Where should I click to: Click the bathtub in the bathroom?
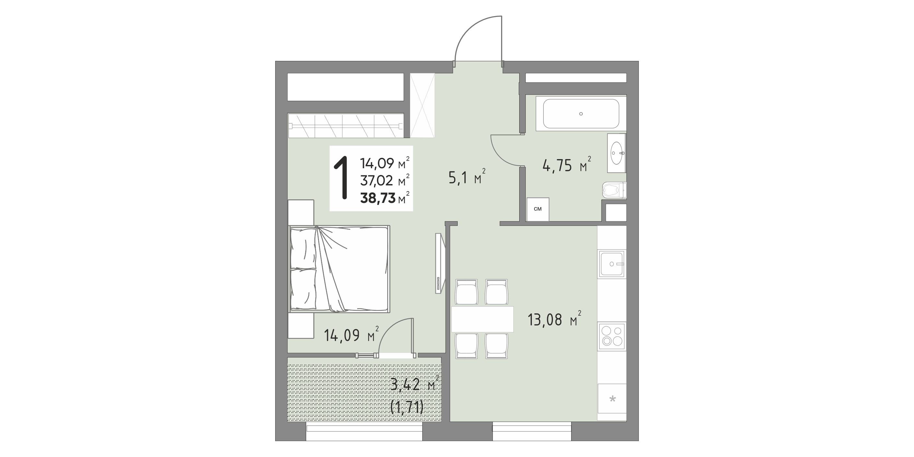[581, 113]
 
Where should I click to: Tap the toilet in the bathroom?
[614, 190]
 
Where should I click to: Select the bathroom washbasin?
[617, 153]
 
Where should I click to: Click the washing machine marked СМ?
[538, 209]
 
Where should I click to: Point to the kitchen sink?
[612, 264]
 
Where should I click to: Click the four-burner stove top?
[612, 336]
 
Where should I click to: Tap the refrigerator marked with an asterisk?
[612, 398]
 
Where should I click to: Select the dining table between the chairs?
[483, 319]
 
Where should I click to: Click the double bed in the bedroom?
[340, 269]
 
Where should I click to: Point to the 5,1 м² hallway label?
[467, 177]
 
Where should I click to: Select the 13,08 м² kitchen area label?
[554, 319]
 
